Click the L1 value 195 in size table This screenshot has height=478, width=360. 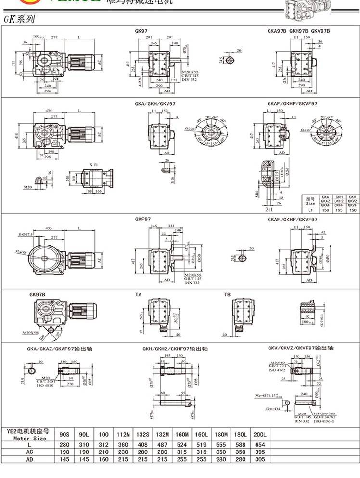[339, 210]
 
